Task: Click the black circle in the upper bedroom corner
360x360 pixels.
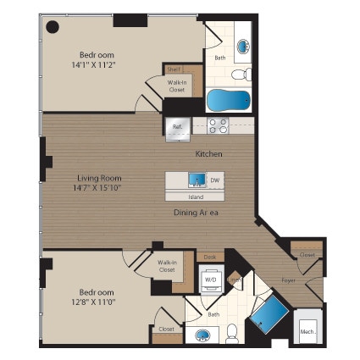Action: tap(52, 27)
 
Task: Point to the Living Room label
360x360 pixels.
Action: tap(99, 179)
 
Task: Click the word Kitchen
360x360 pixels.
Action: tap(208, 154)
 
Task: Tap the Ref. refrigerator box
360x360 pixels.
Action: tap(178, 126)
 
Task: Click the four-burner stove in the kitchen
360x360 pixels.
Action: tap(218, 126)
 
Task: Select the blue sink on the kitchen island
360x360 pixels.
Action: tap(196, 180)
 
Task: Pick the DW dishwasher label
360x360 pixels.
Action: tap(215, 180)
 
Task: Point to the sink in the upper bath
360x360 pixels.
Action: tap(242, 47)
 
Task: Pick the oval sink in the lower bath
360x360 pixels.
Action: tap(202, 335)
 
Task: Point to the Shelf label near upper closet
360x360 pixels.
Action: tap(172, 70)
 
